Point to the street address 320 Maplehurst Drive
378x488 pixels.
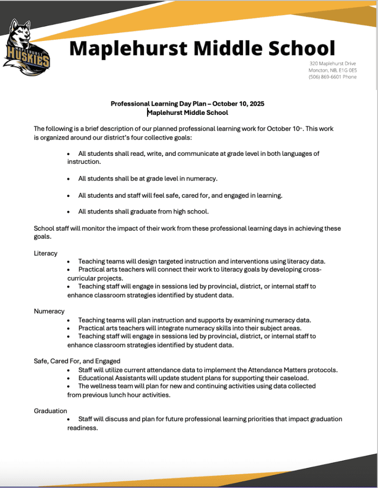[x=333, y=63]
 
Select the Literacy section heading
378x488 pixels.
[x=45, y=253]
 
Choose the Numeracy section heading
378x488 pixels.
[x=49, y=311]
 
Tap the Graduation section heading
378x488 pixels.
[x=51, y=410]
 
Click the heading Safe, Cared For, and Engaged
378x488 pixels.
[x=77, y=361]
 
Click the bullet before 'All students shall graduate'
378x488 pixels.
[x=69, y=212]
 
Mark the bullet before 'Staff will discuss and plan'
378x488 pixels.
[x=69, y=419]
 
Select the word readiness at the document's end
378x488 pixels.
[x=83, y=427]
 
